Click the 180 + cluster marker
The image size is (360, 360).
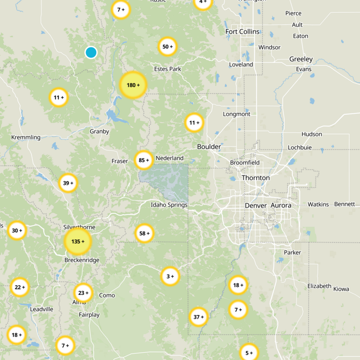coord(133,85)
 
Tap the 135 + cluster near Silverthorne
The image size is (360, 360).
coord(77,241)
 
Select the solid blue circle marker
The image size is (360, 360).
coord(91,53)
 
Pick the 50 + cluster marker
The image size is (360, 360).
coord(167,46)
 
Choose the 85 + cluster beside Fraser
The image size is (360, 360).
coord(144,160)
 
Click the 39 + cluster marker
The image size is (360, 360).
coord(68,183)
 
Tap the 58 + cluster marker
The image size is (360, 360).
coord(144,233)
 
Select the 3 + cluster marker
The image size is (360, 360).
coord(170,276)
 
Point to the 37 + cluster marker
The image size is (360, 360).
coord(198,317)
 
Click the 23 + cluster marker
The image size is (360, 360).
coord(83,292)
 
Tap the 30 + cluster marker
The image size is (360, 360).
coord(17,230)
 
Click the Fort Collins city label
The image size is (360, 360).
coord(243,31)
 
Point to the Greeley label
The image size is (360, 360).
coord(301,59)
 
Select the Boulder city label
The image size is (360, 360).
coord(209,147)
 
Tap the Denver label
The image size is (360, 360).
coord(256,205)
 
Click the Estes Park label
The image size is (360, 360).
coord(167,69)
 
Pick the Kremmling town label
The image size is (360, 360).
coord(25,137)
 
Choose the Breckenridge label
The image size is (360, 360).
coord(81,260)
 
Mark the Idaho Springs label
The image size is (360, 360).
coord(169,205)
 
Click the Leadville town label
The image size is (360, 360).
coord(41,309)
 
